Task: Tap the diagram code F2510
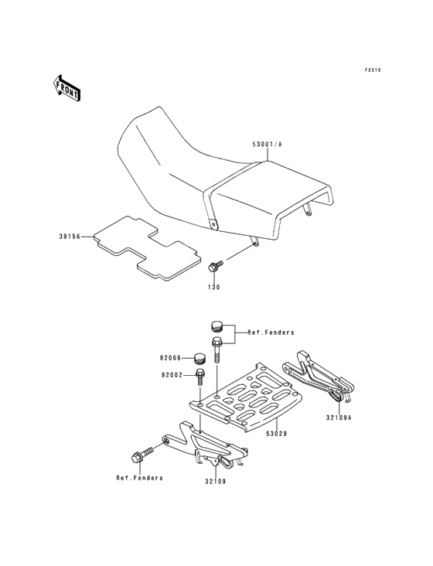coord(373,70)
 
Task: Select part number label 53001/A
coord(267,145)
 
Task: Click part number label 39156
coord(70,237)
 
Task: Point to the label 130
coord(213,288)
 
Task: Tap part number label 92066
coord(170,358)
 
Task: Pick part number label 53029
coord(277,434)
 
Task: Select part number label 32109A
coord(339,418)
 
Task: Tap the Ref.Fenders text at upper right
coord(271,332)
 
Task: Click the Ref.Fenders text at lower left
coord(140,478)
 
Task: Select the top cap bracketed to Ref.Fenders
coord(217,326)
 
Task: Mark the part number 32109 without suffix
coord(216,482)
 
